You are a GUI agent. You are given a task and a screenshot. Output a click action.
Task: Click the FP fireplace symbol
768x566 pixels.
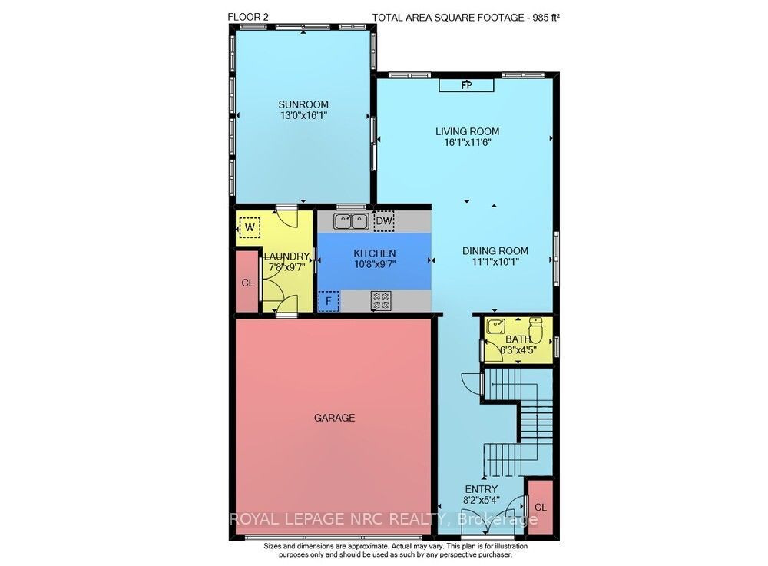coord(466,85)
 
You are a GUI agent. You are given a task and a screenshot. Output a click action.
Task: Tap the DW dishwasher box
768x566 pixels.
coord(384,221)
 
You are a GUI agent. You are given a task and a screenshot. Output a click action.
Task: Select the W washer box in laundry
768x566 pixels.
coord(250,227)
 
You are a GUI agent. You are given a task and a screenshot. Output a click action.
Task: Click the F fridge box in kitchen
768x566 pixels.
coord(329,300)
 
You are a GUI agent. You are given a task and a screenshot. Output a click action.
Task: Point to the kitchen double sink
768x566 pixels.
coord(351,221)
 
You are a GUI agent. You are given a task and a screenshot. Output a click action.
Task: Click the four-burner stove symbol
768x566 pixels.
coord(381,300)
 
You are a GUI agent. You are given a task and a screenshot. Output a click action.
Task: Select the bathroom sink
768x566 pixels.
coord(495,326)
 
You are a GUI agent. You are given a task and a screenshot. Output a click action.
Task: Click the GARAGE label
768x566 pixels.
coord(335,418)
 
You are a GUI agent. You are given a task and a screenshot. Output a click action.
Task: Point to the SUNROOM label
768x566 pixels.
coord(303,104)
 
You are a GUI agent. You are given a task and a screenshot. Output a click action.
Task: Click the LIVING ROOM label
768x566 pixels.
coord(467,131)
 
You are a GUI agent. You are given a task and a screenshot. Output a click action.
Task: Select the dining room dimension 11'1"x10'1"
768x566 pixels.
coord(495,262)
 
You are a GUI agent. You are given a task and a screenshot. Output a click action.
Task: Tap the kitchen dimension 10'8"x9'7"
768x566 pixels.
coord(375,264)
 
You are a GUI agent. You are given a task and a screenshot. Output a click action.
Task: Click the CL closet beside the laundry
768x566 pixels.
coord(247,282)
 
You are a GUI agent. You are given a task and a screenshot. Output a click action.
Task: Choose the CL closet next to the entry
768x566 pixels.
coord(540,507)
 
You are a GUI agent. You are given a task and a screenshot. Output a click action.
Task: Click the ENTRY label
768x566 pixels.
coord(481,489)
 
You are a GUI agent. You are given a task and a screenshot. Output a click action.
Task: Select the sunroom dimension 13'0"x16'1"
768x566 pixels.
coord(303,115)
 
